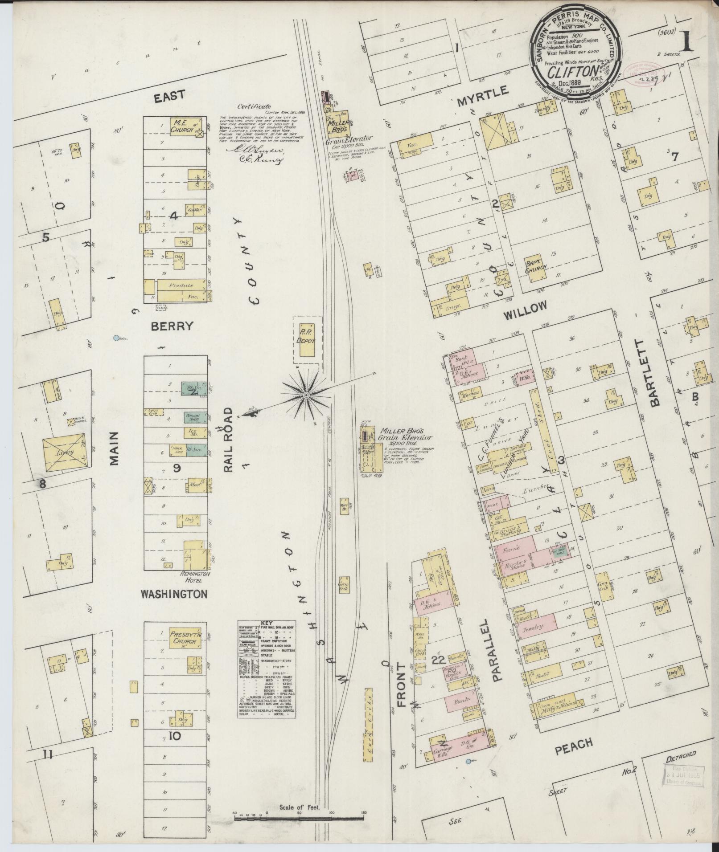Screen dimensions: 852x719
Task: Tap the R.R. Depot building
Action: pyautogui.click(x=306, y=340)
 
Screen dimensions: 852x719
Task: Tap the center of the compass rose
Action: pyautogui.click(x=306, y=395)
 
